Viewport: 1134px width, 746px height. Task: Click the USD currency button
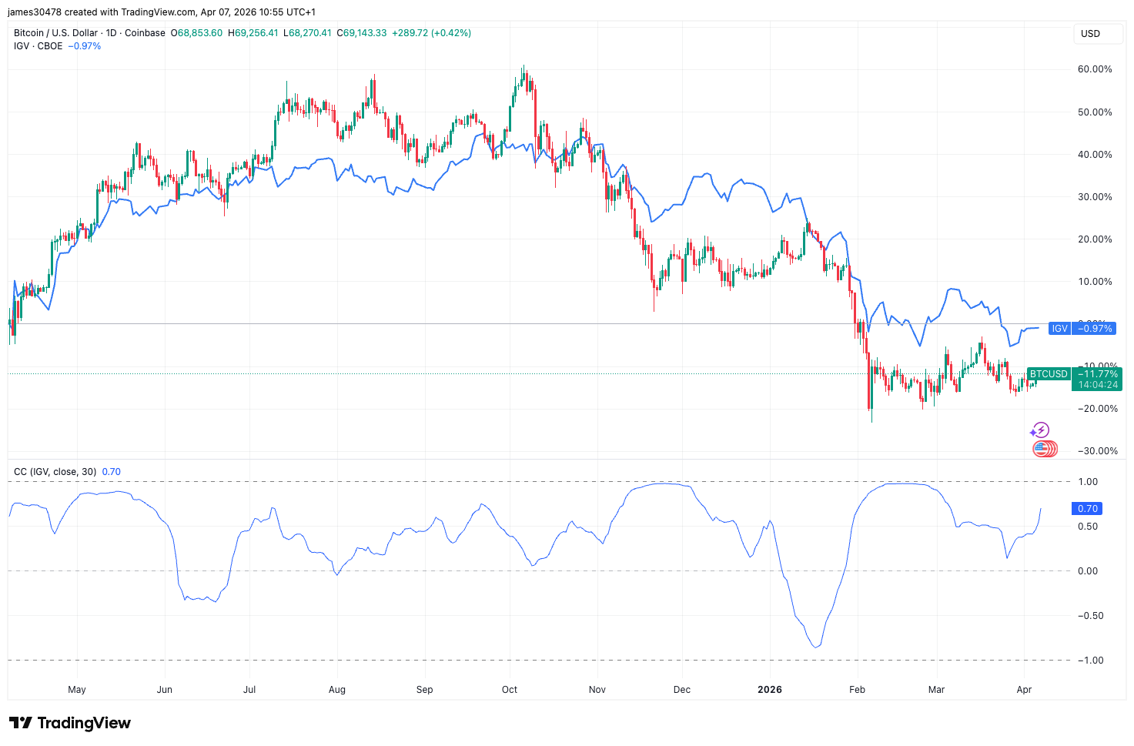(x=1090, y=34)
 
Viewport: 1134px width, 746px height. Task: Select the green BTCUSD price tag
(x=1070, y=379)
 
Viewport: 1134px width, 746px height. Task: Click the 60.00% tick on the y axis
(x=1095, y=69)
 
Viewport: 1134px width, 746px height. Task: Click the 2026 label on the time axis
(x=769, y=690)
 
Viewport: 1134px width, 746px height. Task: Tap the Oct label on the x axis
(x=510, y=690)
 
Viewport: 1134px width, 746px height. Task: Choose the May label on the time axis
(x=77, y=690)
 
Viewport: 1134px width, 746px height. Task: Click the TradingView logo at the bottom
(x=70, y=723)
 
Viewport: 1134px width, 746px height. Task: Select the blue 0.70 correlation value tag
(x=1087, y=509)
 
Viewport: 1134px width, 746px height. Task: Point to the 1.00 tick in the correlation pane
(x=1088, y=482)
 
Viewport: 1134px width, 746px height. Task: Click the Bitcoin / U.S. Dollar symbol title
(x=89, y=33)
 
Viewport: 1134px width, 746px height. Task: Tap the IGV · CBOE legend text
(x=38, y=46)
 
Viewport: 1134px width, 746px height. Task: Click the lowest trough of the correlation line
(x=816, y=647)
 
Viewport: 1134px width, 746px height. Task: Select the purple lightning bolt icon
(x=1040, y=430)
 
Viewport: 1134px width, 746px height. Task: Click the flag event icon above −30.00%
(x=1044, y=449)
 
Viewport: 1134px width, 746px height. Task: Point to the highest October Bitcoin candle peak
(x=524, y=66)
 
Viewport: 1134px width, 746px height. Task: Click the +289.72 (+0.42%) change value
(x=431, y=33)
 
